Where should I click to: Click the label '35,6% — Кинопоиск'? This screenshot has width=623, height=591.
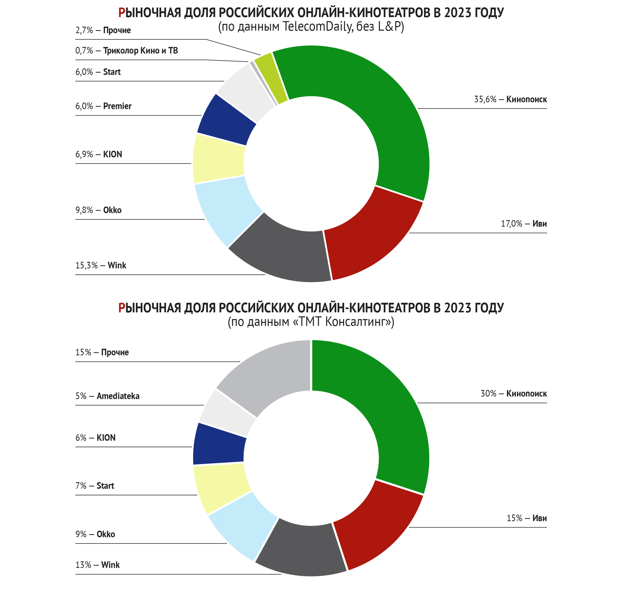pos(510,100)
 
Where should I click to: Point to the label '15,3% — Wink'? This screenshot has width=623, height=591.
pos(101,266)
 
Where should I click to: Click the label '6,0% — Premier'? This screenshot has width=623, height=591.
pos(103,106)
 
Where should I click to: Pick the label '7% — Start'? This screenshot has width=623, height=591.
pos(95,486)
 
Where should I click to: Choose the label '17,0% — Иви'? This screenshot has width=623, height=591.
pos(524,224)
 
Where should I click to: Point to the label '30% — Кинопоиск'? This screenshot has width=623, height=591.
pos(513,394)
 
